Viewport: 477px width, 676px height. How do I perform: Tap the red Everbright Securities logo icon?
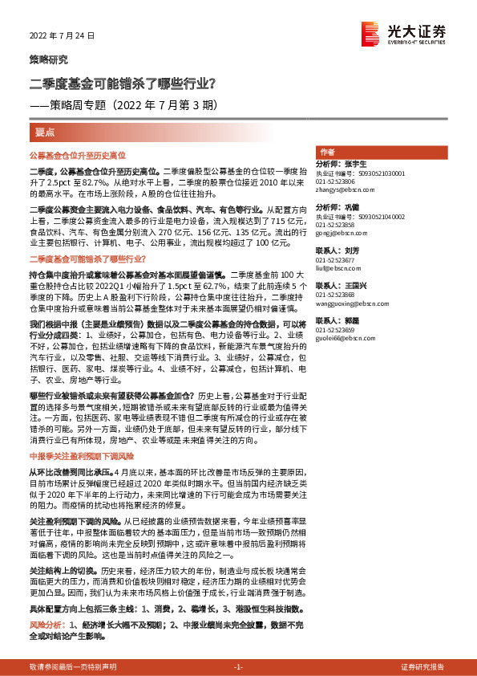pyautogui.click(x=370, y=32)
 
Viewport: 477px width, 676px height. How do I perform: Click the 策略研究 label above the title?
pyautogui.click(x=49, y=60)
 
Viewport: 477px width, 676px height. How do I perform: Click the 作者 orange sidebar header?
pyautogui.click(x=327, y=152)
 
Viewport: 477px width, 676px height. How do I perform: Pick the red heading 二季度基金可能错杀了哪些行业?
pyautogui.click(x=87, y=259)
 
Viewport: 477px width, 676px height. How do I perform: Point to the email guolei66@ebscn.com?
pyautogui.click(x=342, y=340)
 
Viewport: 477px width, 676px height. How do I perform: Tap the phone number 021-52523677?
pyautogui.click(x=335, y=260)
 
